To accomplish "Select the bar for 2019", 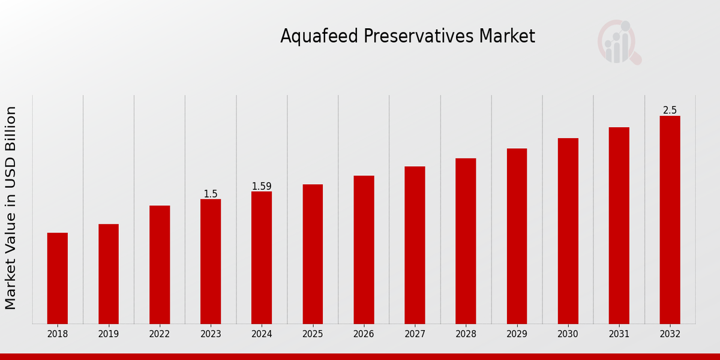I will [109, 274].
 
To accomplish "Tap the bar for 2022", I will [160, 265].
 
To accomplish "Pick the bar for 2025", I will [313, 254].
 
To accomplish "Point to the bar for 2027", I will [415, 245].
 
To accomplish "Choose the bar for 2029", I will [517, 236].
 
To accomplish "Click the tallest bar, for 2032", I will [670, 220].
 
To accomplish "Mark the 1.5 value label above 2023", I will [211, 194].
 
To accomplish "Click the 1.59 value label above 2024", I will [262, 187].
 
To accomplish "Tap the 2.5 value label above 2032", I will [670, 110].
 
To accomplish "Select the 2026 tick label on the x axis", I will [364, 334].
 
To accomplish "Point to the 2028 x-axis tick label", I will [466, 334].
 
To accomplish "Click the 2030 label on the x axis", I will [568, 334].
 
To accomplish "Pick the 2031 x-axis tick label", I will [619, 334].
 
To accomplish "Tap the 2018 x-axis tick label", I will [58, 334].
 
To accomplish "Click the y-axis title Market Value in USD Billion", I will [11, 208].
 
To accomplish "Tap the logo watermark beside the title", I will [619, 43].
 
